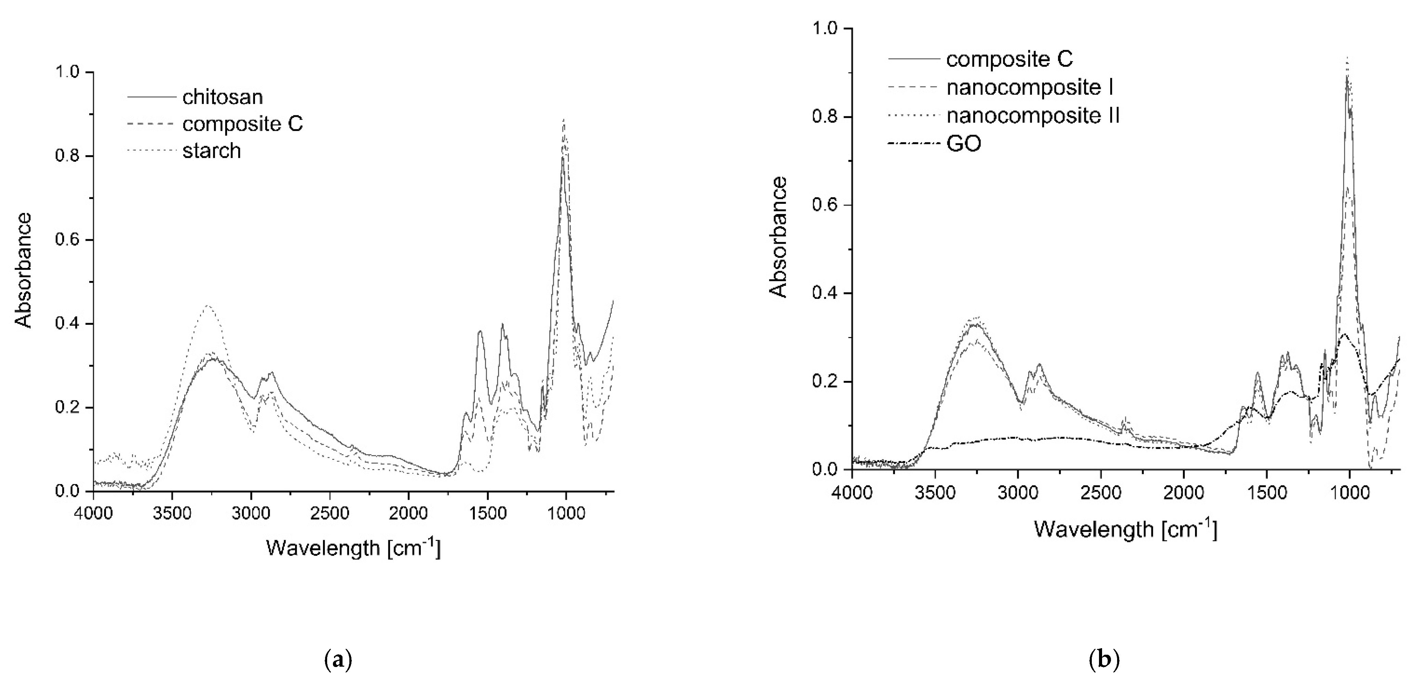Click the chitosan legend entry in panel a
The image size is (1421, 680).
click(222, 97)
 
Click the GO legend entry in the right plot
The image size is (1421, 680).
click(964, 145)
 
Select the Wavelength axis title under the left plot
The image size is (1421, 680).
click(353, 548)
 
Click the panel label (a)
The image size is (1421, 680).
click(338, 659)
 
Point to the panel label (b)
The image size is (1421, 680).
click(1104, 659)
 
